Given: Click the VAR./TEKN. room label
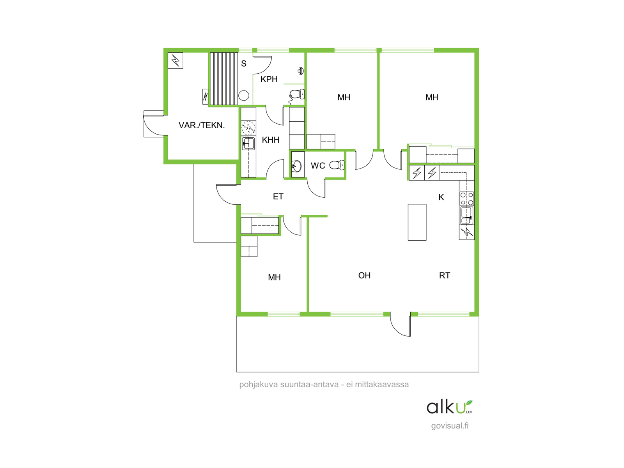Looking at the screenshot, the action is coord(202,125).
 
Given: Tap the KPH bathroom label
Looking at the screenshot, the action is coord(269,79).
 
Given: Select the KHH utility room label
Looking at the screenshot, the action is coord(271,140).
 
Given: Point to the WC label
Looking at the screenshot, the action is coord(318,166).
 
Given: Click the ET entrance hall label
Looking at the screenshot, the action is coord(278,197).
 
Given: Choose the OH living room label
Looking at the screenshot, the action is coord(364,275).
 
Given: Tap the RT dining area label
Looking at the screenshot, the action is coord(444,275).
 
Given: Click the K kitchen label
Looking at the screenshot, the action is coord(441,197).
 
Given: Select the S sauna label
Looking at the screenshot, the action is coord(244,64).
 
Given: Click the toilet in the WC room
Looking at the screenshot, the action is coord(337,165).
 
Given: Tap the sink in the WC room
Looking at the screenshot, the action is coord(297,166).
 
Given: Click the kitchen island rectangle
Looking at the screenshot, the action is coord(417,222).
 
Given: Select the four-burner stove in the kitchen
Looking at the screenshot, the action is coord(467,199).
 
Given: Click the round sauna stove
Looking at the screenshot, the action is coord(244,96).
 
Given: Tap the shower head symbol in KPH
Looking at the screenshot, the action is coord(301,71).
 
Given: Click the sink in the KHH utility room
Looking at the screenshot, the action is coord(248,144).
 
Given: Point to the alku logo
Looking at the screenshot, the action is coord(449,407).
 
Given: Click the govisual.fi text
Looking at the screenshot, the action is coord(450,426).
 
